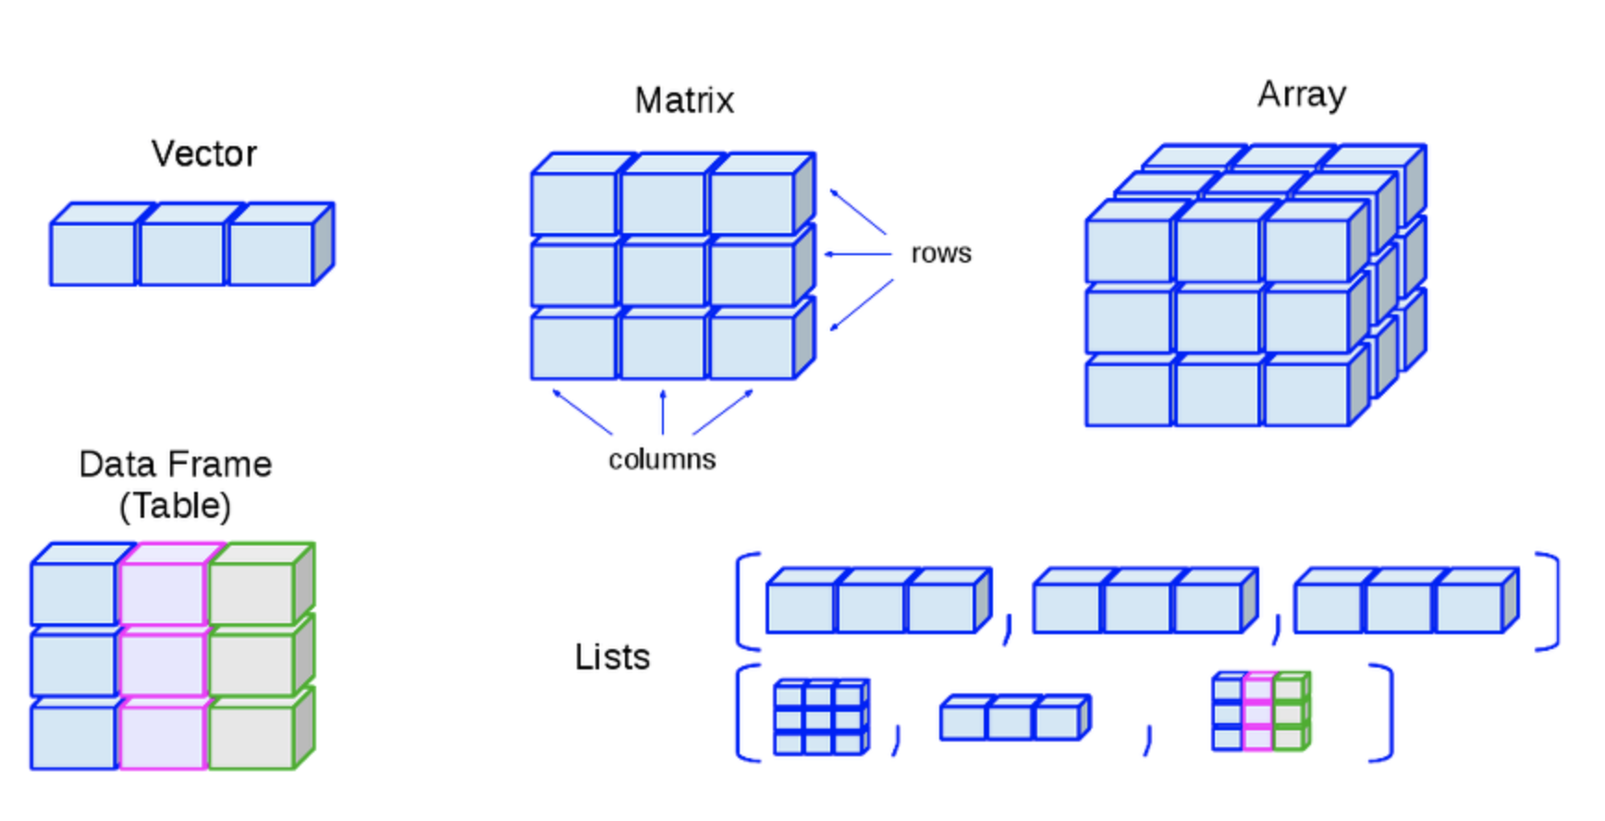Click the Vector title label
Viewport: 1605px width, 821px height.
tap(204, 153)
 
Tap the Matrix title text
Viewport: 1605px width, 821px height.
tap(684, 100)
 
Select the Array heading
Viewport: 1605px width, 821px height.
tap(1302, 94)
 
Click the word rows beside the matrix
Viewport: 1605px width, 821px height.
tap(941, 253)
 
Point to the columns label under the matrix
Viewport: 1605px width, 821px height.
tap(662, 460)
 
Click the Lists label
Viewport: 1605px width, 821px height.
tap(612, 657)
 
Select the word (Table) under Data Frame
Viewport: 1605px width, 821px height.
tap(175, 506)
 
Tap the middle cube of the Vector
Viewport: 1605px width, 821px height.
tap(182, 253)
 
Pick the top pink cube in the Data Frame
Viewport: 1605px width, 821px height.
tap(163, 593)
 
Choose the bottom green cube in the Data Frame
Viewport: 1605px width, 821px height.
tap(251, 737)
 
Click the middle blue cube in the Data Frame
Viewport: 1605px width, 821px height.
tap(74, 664)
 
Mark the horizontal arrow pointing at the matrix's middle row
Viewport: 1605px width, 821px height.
tap(857, 253)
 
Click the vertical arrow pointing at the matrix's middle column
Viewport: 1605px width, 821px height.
tap(663, 412)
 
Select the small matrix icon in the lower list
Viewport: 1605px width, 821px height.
tap(820, 717)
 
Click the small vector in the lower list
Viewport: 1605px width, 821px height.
tap(1014, 718)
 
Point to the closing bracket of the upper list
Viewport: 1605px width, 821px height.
tap(1549, 601)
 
